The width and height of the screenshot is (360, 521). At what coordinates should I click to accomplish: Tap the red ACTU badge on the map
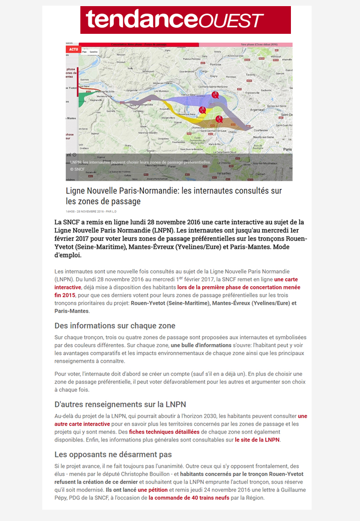coord(73,49)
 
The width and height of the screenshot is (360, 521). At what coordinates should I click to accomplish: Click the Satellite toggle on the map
coord(94,52)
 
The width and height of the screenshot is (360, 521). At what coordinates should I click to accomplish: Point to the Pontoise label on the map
coord(215,64)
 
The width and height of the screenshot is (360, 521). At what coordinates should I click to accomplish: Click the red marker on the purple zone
coord(215,94)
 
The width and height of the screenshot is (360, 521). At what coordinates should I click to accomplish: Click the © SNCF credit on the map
coord(78,169)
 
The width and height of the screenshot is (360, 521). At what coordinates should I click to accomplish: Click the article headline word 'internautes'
coord(204,191)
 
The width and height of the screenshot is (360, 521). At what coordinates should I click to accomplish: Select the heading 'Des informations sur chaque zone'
coord(115,326)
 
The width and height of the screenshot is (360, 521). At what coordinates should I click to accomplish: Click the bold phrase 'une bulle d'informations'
coord(200,345)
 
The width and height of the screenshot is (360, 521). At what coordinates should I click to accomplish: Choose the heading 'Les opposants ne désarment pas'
coord(113,454)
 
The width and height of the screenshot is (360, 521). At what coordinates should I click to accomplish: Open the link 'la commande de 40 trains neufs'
coord(189,498)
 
